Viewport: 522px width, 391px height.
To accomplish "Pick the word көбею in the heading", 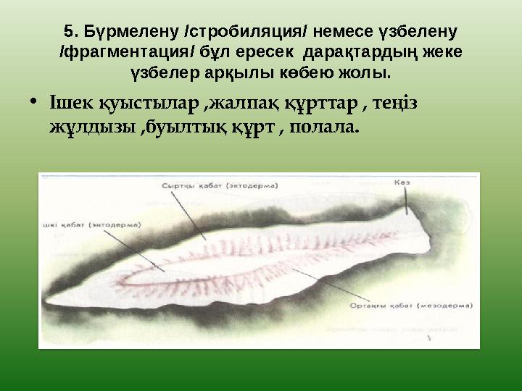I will pos(293,73).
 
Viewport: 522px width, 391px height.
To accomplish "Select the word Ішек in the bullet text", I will pos(69,104).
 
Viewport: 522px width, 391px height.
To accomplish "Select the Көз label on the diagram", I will pos(402,182).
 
